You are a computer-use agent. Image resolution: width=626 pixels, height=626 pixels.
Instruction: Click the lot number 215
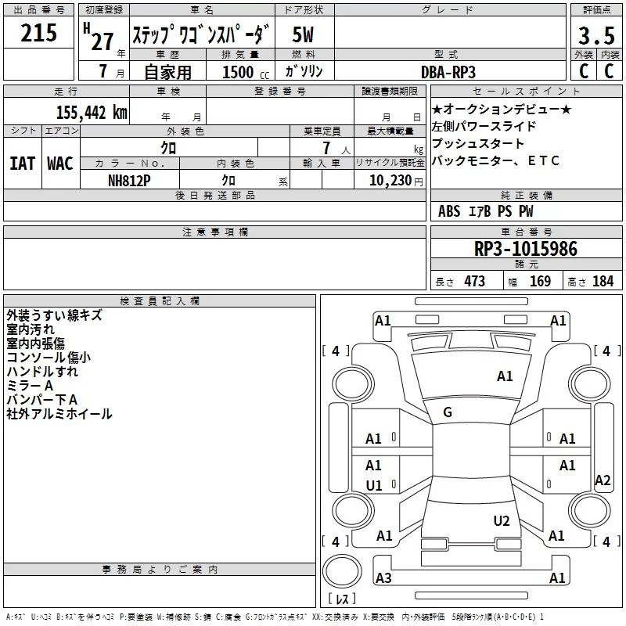[38, 33]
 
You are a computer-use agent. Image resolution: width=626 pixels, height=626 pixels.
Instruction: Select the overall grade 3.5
[596, 36]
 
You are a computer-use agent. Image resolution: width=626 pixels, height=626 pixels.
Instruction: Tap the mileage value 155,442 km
[92, 112]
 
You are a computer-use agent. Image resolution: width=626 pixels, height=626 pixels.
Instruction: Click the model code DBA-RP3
[448, 72]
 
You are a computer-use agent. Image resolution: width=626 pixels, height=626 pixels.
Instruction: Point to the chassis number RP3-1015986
[526, 248]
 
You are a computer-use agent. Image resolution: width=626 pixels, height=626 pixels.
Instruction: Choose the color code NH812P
[129, 181]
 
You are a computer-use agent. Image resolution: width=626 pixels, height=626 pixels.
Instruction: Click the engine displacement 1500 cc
[246, 72]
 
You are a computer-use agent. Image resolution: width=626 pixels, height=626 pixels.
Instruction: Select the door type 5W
[303, 34]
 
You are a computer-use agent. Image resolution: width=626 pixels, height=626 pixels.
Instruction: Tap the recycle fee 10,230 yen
[396, 181]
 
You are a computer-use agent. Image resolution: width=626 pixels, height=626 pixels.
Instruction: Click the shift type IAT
[23, 164]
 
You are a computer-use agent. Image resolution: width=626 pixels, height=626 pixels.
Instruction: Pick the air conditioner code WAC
[60, 164]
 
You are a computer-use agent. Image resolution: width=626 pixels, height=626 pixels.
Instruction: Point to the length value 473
[475, 281]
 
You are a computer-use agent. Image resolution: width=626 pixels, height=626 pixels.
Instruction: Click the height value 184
[603, 281]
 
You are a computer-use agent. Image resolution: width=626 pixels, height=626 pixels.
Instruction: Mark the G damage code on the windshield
[448, 412]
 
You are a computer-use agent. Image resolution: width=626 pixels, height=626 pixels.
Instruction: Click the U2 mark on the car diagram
[502, 520]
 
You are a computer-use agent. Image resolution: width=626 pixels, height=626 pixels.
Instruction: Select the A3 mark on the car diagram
[383, 577]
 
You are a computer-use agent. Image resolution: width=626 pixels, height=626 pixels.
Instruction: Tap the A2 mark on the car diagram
[603, 480]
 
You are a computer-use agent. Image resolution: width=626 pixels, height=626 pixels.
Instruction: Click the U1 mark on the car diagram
[374, 485]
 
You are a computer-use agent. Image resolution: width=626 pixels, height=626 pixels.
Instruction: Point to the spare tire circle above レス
[342, 571]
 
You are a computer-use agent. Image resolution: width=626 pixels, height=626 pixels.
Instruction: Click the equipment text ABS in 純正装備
[449, 211]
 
